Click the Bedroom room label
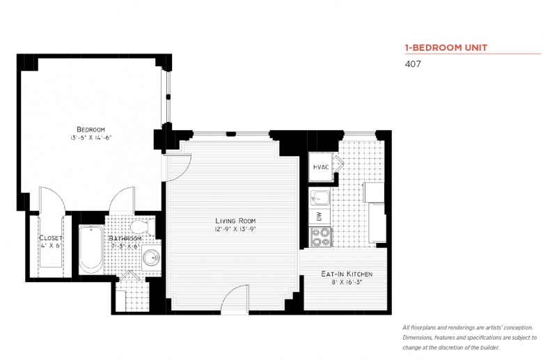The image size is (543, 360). click(90, 130)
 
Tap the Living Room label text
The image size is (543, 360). click(235, 221)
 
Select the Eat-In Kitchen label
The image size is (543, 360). click(347, 274)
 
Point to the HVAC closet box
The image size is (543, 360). click(321, 167)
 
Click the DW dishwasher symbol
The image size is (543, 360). click(320, 217)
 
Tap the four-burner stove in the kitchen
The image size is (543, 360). click(320, 237)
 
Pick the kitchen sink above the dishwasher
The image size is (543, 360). click(320, 198)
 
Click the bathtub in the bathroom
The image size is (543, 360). click(90, 249)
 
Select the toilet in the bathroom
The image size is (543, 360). click(143, 226)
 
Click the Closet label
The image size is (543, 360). click(51, 237)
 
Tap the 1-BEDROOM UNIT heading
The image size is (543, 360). click(446, 47)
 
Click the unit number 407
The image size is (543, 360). click(413, 64)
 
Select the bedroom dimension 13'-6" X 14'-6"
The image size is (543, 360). click(90, 138)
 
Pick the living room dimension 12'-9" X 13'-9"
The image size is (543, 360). click(235, 229)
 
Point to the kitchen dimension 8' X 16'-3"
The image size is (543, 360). click(347, 282)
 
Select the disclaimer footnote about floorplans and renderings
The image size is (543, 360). click(469, 338)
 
